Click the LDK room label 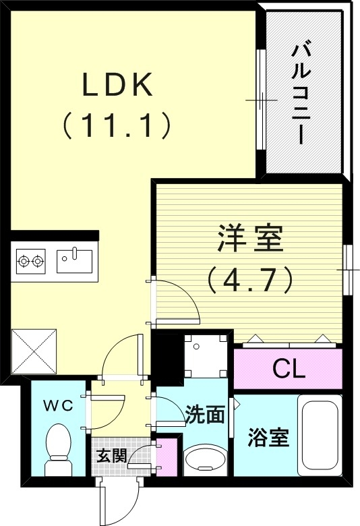119,85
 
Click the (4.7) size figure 250,279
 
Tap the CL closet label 289,369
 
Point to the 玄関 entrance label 110,455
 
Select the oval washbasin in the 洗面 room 205,461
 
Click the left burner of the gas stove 24,260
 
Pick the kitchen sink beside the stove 74,260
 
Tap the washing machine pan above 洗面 205,356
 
